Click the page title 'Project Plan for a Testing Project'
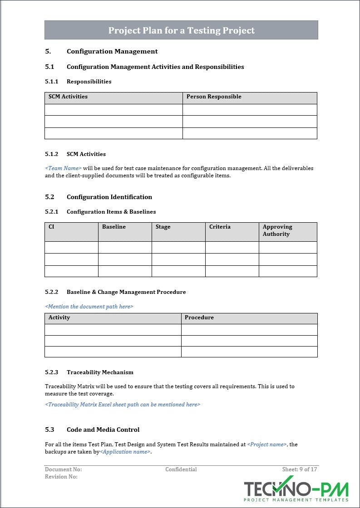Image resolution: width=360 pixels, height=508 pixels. pyautogui.click(x=181, y=30)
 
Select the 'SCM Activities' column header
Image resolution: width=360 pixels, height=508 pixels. pyautogui.click(x=68, y=97)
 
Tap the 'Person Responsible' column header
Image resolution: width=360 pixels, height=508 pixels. pyautogui.click(x=214, y=97)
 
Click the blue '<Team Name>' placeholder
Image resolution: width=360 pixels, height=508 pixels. pyautogui.click(x=63, y=168)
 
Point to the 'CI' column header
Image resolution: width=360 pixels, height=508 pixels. pyautogui.click(x=51, y=227)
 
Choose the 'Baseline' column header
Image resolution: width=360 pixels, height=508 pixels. pyautogui.click(x=114, y=227)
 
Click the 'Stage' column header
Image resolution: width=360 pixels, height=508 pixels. pyautogui.click(x=163, y=227)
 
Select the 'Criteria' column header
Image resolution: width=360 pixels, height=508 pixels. pyautogui.click(x=220, y=227)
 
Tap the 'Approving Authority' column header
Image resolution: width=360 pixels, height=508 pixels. pyautogui.click(x=277, y=230)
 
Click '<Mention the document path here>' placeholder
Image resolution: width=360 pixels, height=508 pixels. pyautogui.click(x=89, y=307)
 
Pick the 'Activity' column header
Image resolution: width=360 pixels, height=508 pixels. pyautogui.click(x=59, y=317)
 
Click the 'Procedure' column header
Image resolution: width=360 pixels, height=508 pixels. pyautogui.click(x=199, y=317)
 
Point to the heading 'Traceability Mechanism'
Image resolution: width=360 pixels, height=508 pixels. pyautogui.click(x=100, y=372)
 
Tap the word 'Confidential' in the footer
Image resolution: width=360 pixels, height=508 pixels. pyautogui.click(x=181, y=469)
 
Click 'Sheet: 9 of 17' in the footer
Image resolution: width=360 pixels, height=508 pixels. pyautogui.click(x=300, y=469)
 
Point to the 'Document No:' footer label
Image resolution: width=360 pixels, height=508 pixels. pyautogui.click(x=63, y=469)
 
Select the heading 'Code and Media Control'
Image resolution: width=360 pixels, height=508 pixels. pyautogui.click(x=103, y=430)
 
